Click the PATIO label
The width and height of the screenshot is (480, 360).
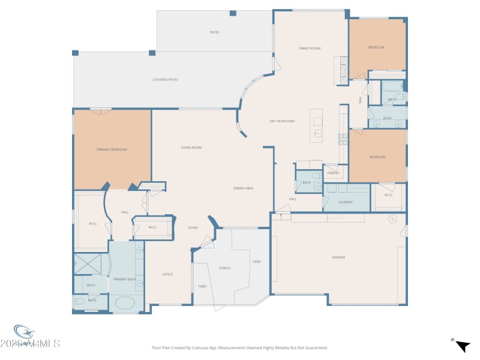[214, 32]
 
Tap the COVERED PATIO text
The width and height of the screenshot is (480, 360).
[164, 79]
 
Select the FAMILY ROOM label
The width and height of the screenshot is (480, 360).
[310, 48]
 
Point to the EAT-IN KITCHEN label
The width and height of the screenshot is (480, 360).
[282, 122]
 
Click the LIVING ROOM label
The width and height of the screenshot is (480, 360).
[191, 147]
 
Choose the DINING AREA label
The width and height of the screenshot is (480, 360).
[243, 188]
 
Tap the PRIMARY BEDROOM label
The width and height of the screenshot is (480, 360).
[112, 149]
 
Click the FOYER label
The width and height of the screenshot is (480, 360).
[193, 228]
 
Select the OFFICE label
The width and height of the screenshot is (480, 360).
[167, 274]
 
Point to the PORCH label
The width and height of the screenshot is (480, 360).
[225, 268]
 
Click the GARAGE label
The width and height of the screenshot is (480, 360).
[338, 257]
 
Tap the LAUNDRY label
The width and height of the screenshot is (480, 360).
[346, 202]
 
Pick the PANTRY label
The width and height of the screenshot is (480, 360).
[334, 173]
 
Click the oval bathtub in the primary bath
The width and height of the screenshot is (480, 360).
[125, 303]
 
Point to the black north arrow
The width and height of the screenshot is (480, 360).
[462, 346]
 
